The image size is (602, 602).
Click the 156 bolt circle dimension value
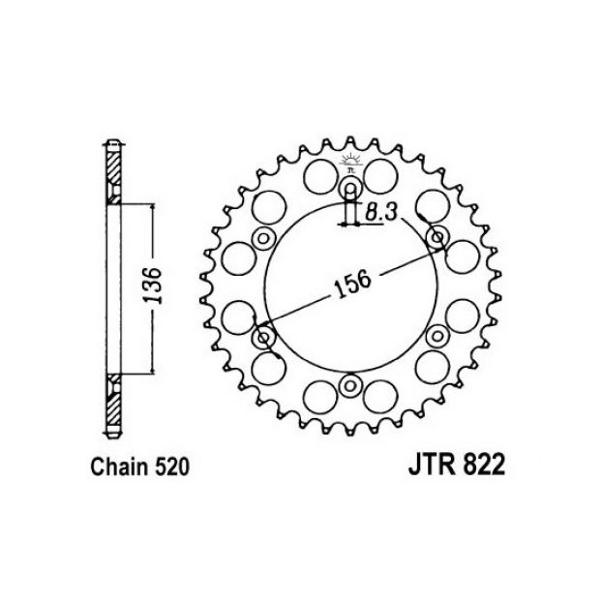[353, 285]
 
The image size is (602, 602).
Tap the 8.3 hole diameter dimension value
[380, 212]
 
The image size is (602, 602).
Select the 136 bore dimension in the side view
[154, 286]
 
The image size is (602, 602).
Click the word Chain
[119, 467]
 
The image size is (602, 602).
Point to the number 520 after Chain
[172, 467]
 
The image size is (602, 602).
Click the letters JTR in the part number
[433, 466]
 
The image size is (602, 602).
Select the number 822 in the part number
[484, 466]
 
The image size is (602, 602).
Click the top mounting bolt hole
[350, 189]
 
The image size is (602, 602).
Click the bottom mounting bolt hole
[349, 385]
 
